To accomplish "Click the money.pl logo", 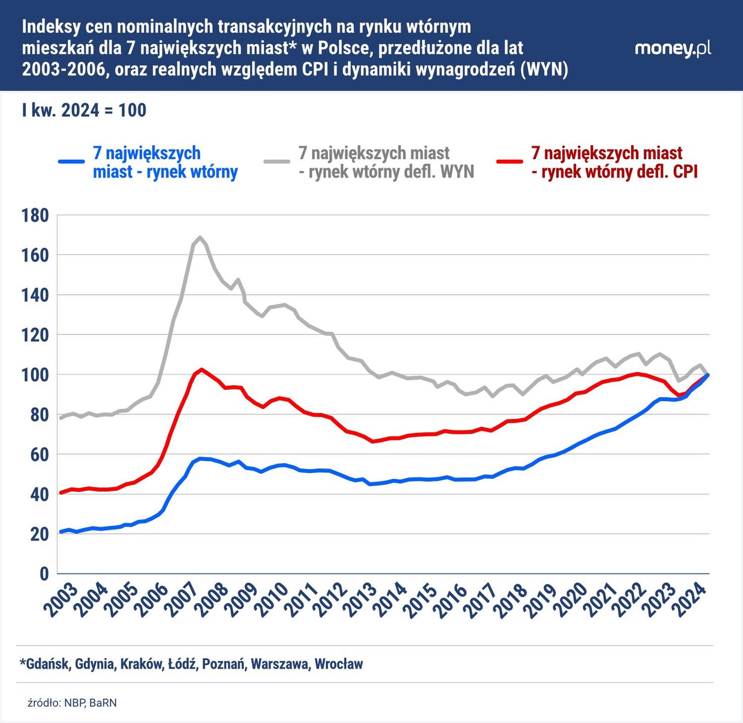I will [x=672, y=48].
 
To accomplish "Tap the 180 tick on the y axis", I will [x=35, y=215].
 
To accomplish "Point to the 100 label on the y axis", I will [x=35, y=375].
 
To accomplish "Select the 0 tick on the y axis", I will [x=44, y=573].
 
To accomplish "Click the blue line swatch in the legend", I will [x=71, y=162].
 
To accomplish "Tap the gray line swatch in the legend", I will [x=277, y=162].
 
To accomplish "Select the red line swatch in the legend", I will [x=510, y=162].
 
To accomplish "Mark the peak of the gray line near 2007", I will [x=200, y=237].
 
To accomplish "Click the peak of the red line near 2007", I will [x=201, y=369].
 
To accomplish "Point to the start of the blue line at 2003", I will [x=61, y=532].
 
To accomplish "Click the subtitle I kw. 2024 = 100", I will [x=84, y=110].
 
